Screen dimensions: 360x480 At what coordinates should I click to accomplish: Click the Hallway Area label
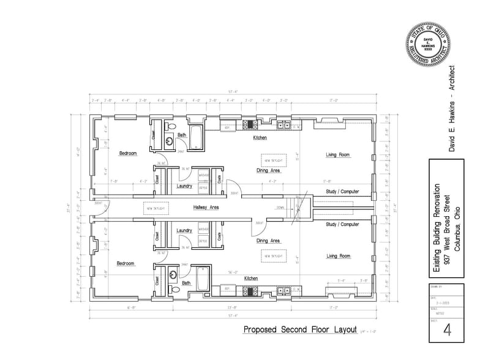tap(206, 208)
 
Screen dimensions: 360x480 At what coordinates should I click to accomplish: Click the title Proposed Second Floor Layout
tap(300, 329)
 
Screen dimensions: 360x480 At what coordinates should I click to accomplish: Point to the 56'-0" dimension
tap(233, 272)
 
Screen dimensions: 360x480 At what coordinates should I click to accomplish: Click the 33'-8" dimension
tap(231, 308)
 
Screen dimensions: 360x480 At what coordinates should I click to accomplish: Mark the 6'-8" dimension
tap(130, 308)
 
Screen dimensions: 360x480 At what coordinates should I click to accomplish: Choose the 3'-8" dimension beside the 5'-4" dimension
tap(364, 282)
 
